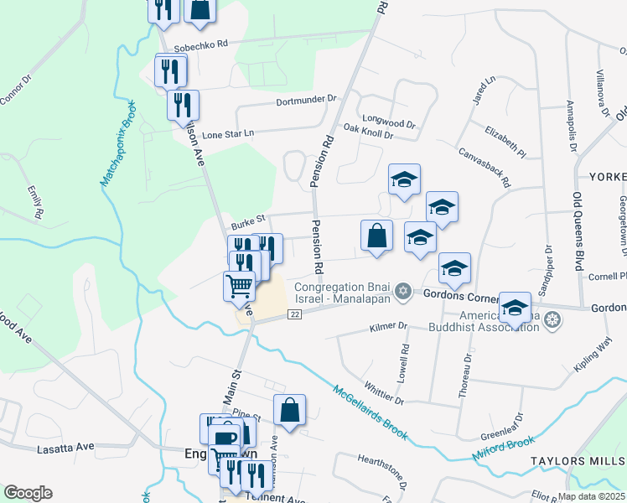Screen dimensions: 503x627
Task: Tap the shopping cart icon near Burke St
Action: click(239, 286)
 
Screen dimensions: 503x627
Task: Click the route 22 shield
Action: click(294, 314)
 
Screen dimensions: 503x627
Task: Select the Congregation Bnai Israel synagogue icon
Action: click(403, 291)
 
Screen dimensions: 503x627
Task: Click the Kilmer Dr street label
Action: click(387, 325)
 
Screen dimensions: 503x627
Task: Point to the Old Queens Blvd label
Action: click(579, 223)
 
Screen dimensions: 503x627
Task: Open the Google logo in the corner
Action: click(28, 493)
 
